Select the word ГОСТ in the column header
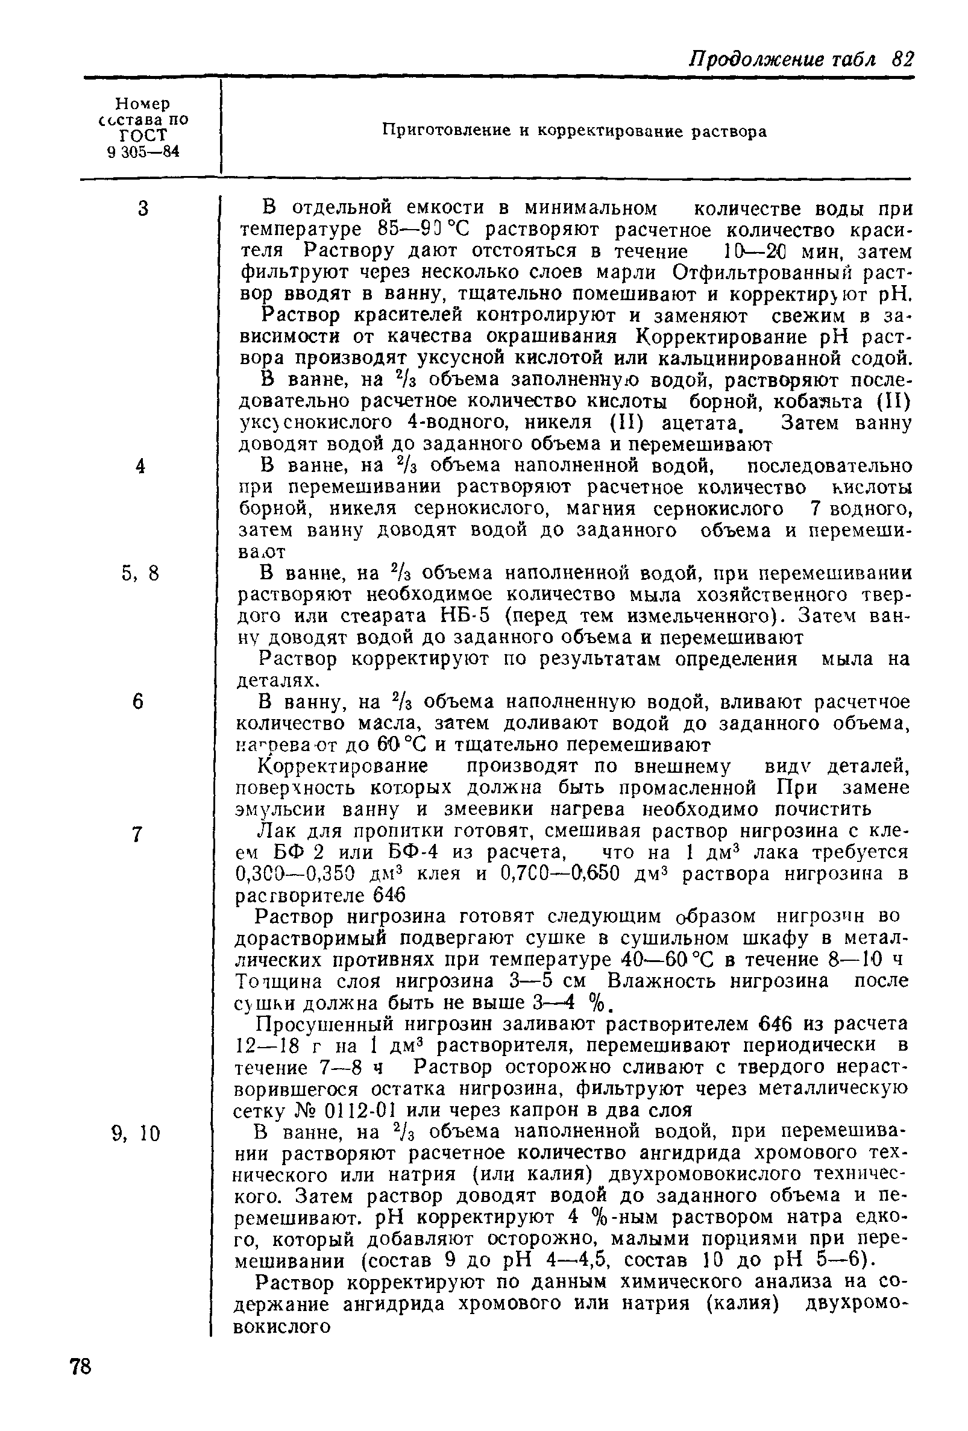coord(143,135)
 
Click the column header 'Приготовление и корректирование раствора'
coord(574,131)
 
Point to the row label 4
coord(141,466)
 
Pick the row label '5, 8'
coord(140,574)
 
